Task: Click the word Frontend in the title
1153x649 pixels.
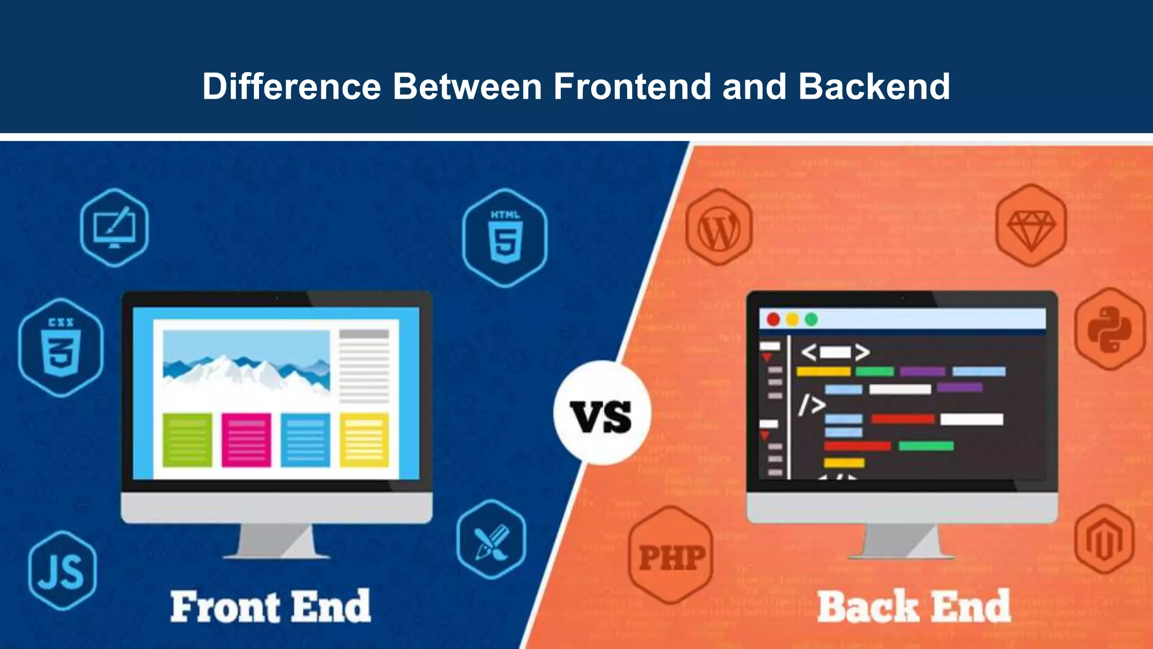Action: [632, 86]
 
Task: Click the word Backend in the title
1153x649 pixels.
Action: [874, 86]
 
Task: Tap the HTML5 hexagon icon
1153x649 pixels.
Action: [505, 238]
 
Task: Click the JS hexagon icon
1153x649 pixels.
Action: [62, 570]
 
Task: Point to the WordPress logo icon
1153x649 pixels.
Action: [719, 229]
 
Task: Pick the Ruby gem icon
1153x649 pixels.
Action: [1031, 226]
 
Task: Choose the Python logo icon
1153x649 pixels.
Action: [1110, 329]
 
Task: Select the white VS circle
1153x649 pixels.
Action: [602, 414]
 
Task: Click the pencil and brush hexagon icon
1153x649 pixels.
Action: [491, 539]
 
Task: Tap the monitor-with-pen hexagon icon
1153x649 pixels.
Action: [114, 228]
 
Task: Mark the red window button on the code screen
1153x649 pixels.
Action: [774, 319]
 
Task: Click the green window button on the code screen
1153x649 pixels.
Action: [811, 319]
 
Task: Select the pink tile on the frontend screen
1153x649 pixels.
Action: [246, 439]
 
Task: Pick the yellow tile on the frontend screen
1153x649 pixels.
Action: [364, 439]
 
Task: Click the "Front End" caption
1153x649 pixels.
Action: [271, 607]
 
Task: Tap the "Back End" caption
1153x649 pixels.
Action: [914, 607]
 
